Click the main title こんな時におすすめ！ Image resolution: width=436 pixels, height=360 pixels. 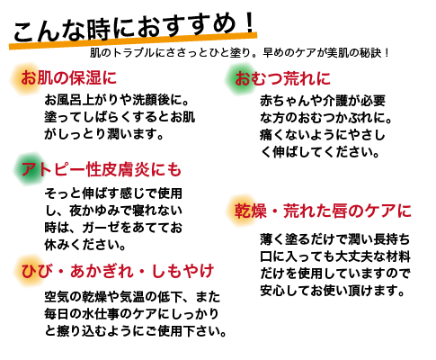tap(134, 28)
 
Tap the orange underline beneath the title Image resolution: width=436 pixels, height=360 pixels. tap(133, 41)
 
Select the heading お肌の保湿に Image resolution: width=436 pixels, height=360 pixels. tap(68, 77)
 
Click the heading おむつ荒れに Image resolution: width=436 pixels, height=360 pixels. tap(282, 78)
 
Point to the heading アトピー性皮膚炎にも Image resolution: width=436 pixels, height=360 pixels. tap(102, 169)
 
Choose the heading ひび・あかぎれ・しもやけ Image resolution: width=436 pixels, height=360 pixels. tap(118, 271)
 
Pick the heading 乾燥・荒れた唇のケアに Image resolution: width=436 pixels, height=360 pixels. tap(323, 211)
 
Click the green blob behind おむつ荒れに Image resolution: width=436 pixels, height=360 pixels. tap(240, 79)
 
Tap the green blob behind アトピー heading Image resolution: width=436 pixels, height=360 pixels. tap(29, 169)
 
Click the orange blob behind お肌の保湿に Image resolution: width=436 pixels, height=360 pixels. tap(26, 78)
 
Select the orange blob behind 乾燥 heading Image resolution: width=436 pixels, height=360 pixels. tap(242, 211)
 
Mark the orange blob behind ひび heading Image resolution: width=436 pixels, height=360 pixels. tap(28, 271)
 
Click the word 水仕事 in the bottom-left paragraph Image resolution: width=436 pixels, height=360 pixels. tap(101, 314)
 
